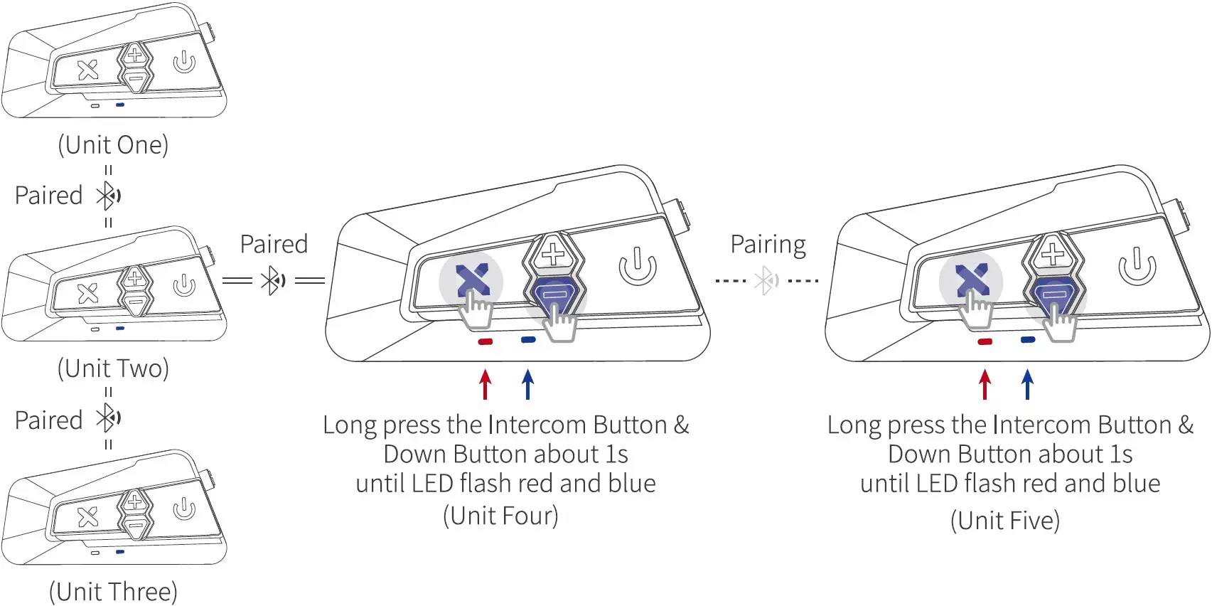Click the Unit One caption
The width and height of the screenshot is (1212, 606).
113,145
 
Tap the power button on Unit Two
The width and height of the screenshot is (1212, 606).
184,285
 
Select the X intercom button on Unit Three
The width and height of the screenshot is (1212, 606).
88,516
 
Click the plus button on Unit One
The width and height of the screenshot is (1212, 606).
134,55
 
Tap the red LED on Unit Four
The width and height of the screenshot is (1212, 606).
486,342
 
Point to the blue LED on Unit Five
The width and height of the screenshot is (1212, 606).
1028,340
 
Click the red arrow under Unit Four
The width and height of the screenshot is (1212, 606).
486,384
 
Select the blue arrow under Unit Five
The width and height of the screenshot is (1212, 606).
1027,384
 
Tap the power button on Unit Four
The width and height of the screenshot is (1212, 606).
638,267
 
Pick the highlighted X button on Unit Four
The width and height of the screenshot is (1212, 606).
472,280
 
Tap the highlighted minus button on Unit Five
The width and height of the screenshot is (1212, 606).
1054,292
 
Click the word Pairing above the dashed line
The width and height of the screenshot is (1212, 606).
768,245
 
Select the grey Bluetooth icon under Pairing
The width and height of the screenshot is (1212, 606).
767,280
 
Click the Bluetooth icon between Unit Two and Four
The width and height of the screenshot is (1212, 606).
273,280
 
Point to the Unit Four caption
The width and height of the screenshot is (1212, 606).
500,516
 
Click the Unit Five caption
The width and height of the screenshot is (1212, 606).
1005,521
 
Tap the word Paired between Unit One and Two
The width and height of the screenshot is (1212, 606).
49,196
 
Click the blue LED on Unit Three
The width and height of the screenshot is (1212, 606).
120,551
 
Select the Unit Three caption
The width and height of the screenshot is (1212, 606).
113,592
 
